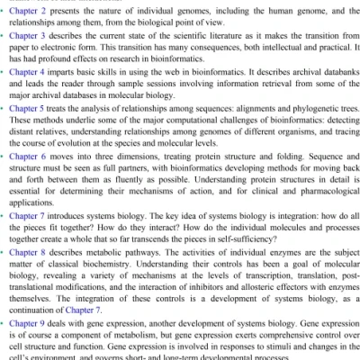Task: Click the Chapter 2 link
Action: pos(32,10)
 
